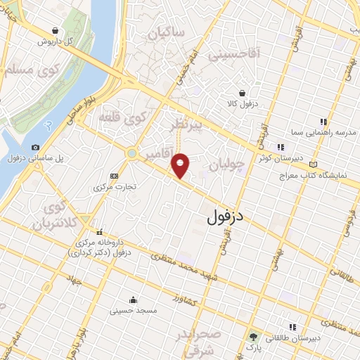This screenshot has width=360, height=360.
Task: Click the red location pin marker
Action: (x=181, y=165)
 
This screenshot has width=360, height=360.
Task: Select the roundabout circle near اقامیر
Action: (x=131, y=153)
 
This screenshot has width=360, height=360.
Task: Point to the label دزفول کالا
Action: (x=243, y=104)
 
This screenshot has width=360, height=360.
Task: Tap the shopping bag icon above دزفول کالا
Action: (x=243, y=93)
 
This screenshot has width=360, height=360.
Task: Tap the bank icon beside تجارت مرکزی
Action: (x=115, y=176)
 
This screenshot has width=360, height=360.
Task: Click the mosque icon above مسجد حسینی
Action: (x=134, y=300)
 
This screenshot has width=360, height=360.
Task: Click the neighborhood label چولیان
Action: (x=226, y=166)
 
